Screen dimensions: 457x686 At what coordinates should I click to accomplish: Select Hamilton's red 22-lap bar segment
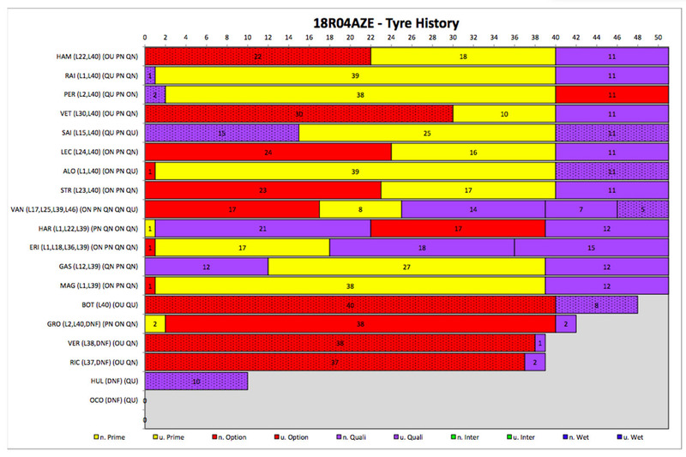tap(257, 56)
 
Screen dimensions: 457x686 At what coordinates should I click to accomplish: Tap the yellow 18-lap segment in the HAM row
tap(463, 56)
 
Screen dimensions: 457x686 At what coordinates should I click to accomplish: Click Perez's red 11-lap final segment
tap(612, 93)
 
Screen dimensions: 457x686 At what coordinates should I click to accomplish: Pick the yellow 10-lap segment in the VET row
tap(504, 113)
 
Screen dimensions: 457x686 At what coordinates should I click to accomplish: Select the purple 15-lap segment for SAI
tap(221, 132)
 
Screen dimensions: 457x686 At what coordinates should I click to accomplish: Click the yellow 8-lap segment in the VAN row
tap(360, 208)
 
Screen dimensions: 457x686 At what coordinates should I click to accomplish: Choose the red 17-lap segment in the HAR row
tap(458, 228)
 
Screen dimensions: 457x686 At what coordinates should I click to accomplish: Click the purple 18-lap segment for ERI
tap(422, 247)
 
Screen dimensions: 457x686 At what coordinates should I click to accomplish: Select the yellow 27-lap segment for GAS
tap(406, 267)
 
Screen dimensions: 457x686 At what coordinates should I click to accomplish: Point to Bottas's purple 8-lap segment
tap(597, 304)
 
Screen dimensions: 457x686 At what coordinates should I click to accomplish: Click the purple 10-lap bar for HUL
tap(196, 381)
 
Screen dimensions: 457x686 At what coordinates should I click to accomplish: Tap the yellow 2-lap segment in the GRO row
tap(154, 323)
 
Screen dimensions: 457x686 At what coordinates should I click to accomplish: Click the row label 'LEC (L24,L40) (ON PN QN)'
tap(94, 152)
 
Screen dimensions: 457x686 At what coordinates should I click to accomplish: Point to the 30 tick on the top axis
tap(453, 39)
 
